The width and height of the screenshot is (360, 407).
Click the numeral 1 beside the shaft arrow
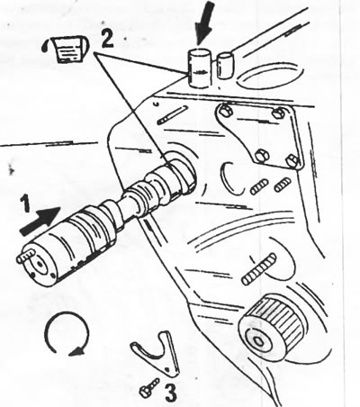pos(26,203)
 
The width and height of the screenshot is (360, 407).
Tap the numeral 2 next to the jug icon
pos(107,39)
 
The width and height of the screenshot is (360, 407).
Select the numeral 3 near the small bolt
pos(170,393)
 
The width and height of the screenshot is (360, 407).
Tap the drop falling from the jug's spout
pos(46,47)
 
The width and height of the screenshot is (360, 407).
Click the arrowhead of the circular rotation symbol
pos(76,351)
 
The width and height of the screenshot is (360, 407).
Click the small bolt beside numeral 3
pos(149,388)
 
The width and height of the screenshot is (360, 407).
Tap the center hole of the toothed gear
pos(258,341)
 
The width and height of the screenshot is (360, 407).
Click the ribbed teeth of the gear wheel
pos(280,317)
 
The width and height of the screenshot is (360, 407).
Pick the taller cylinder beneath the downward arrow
pos(199,68)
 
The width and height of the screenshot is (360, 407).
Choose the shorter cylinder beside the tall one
pos(225,65)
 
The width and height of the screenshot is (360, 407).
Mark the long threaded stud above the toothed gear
pos(259,269)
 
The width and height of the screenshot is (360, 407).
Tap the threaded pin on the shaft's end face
pos(25,257)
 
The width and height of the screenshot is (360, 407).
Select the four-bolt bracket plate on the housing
pos(258,137)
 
